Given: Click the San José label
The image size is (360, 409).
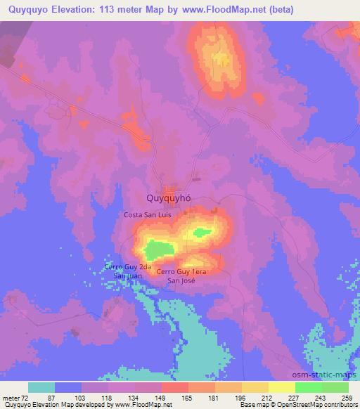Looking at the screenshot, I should (x=181, y=280).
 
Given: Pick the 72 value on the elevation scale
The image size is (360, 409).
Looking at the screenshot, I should (x=30, y=398).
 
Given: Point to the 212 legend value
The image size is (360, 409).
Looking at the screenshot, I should (x=261, y=398).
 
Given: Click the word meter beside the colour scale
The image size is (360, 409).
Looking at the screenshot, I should (x=12, y=398).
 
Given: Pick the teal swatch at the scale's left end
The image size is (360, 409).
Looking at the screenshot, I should (x=41, y=387).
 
